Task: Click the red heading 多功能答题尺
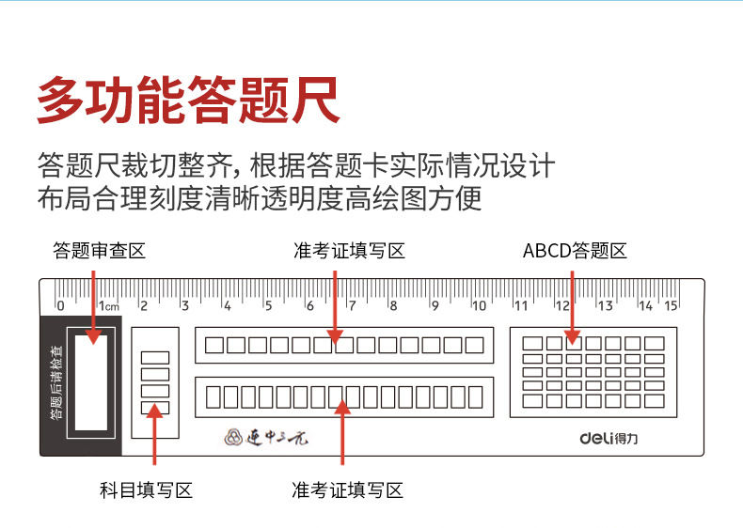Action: pyautogui.click(x=187, y=99)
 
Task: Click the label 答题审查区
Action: pyautogui.click(x=99, y=251)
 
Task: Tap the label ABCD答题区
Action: pyautogui.click(x=575, y=251)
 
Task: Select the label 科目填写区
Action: pyautogui.click(x=146, y=489)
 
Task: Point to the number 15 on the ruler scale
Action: pyautogui.click(x=672, y=305)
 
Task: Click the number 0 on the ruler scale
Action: pyautogui.click(x=60, y=305)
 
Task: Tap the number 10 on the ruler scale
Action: pyautogui.click(x=479, y=305)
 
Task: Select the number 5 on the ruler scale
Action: pyautogui.click(x=268, y=305)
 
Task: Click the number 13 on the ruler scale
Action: pyautogui.click(x=605, y=305)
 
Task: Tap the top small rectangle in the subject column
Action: pyautogui.click(x=155, y=357)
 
